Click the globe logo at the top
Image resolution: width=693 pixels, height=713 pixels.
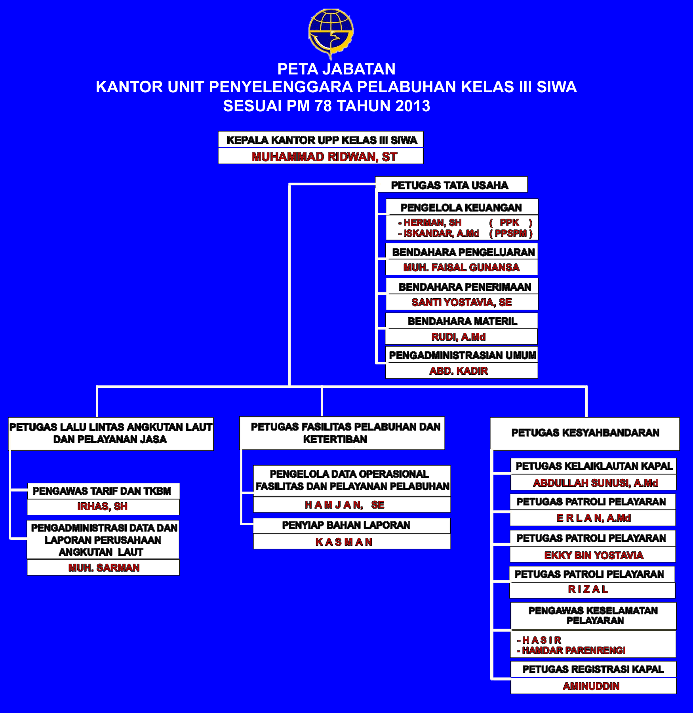pyautogui.click(x=331, y=33)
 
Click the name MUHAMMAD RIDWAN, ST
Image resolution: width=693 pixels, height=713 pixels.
pyautogui.click(x=324, y=157)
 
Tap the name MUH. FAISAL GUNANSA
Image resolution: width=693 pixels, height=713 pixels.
pyautogui.click(x=461, y=268)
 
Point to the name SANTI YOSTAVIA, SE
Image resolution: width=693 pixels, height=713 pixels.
pyautogui.click(x=462, y=303)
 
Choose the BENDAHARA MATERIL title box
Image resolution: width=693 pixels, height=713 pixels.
pyautogui.click(x=462, y=321)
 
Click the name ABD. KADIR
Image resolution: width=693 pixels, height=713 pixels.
pyautogui.click(x=459, y=371)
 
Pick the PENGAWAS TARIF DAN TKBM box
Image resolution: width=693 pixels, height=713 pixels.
pyautogui.click(x=102, y=491)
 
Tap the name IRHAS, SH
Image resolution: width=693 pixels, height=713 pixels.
pyautogui.click(x=102, y=507)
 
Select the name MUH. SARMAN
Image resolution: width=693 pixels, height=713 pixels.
pyautogui.click(x=104, y=568)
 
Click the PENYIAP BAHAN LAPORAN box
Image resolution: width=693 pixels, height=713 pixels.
pyautogui.click(x=346, y=525)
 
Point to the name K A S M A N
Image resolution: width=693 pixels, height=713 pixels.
pyautogui.click(x=344, y=542)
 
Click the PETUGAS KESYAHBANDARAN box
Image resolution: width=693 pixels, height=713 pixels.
pyautogui.click(x=585, y=433)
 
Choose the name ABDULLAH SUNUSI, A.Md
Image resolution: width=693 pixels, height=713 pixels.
pyautogui.click(x=595, y=483)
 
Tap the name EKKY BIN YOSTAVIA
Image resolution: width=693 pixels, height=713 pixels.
pyautogui.click(x=594, y=556)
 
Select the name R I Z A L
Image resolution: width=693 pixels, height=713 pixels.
pyautogui.click(x=588, y=589)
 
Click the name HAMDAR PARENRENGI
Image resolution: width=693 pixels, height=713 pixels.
pyautogui.click(x=573, y=650)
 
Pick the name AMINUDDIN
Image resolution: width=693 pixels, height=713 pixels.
pyautogui.click(x=591, y=686)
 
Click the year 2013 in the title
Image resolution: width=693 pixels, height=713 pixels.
pyautogui.click(x=413, y=106)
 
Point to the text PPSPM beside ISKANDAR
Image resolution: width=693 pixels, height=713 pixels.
pyautogui.click(x=511, y=234)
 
